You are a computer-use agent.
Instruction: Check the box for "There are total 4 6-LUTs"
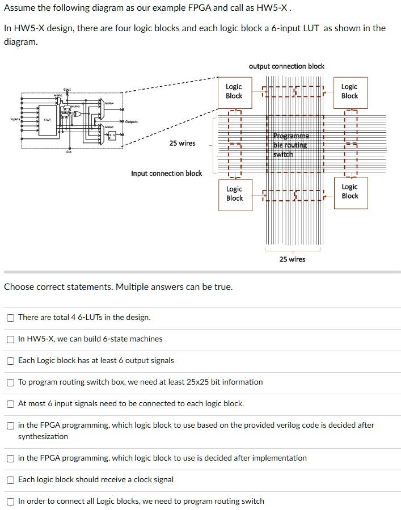[11, 318]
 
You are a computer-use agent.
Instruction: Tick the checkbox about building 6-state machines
[11, 339]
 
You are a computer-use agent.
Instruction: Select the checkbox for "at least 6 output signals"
[11, 361]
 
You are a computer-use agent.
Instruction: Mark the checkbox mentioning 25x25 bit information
[11, 382]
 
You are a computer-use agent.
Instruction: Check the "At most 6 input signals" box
[11, 404]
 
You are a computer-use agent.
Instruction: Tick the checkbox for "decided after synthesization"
[11, 425]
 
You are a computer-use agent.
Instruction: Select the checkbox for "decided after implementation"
[11, 458]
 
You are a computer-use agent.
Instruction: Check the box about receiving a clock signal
[11, 480]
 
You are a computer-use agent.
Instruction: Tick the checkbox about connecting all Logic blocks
[11, 501]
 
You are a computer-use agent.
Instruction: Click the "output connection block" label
[286, 66]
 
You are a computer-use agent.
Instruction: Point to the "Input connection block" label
[166, 174]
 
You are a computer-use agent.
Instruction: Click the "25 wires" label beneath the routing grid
[292, 260]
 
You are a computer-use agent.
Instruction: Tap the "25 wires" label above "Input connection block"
[182, 144]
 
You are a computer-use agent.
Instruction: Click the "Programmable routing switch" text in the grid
[292, 145]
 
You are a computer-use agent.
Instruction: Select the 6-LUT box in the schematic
[48, 120]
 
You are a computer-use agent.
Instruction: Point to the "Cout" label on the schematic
[67, 89]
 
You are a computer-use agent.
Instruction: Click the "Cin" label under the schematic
[69, 152]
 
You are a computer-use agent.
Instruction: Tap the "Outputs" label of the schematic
[131, 121]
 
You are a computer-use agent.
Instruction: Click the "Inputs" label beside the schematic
[14, 119]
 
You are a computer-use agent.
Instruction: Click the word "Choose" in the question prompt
[19, 287]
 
